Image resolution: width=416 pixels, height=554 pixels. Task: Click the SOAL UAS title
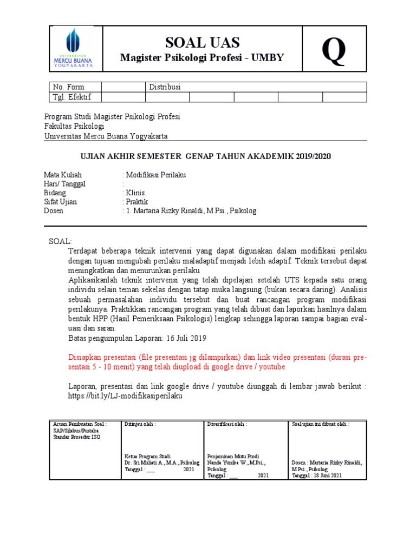(x=202, y=43)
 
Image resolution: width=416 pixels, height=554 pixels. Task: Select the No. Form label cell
(x=68, y=87)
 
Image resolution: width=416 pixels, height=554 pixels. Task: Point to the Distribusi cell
(x=165, y=87)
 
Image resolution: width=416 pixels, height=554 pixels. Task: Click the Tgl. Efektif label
(x=72, y=97)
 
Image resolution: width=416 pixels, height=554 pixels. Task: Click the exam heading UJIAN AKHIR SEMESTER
(x=205, y=156)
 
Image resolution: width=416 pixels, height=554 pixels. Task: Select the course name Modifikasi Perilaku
(x=155, y=175)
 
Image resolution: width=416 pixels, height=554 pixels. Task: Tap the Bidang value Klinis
(x=135, y=193)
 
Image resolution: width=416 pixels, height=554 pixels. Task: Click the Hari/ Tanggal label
(x=64, y=184)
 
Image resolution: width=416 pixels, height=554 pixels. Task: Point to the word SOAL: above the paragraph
(x=60, y=241)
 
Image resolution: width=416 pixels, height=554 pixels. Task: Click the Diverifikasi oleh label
(x=227, y=424)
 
